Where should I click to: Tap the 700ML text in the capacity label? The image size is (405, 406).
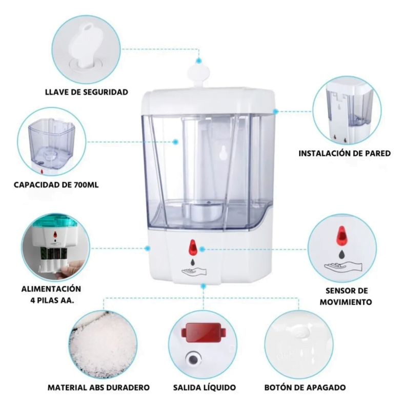(86, 185)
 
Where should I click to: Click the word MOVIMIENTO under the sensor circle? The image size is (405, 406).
(346, 302)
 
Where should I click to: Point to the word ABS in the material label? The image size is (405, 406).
(97, 388)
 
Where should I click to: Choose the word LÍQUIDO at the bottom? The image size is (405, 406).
(219, 388)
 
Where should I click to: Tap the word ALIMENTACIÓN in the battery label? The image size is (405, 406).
(51, 289)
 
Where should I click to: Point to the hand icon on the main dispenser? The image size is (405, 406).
(194, 272)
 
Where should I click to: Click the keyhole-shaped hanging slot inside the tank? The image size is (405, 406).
(222, 152)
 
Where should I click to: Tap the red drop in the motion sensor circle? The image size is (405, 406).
(341, 236)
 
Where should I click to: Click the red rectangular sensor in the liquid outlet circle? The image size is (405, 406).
(204, 332)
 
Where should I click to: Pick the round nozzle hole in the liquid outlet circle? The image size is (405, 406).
(193, 359)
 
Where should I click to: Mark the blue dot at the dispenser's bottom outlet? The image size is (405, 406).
(204, 286)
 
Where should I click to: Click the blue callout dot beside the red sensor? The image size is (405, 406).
(202, 249)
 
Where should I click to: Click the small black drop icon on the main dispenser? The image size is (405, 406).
(193, 262)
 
